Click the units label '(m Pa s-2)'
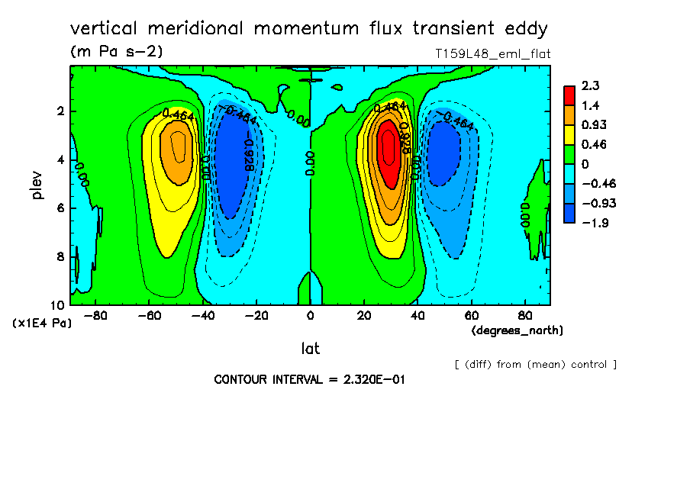[x=116, y=52]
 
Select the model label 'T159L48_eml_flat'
[x=492, y=53]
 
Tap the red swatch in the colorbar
[x=569, y=95]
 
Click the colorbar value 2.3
[x=589, y=85]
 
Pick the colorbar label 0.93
[x=592, y=124]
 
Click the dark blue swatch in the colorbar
[x=569, y=213]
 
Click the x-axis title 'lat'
[x=310, y=349]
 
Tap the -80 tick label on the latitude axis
[x=95, y=314]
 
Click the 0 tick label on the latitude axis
[x=310, y=314]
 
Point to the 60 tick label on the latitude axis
[x=471, y=314]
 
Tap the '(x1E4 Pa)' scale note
[x=43, y=324]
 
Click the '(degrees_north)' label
[x=517, y=330]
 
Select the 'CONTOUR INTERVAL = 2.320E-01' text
[x=309, y=379]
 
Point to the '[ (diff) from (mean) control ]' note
[x=535, y=364]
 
